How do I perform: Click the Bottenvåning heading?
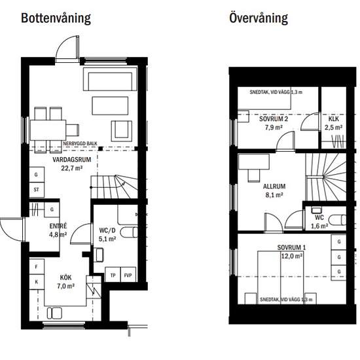tap(56, 18)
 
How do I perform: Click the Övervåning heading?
tap(259, 18)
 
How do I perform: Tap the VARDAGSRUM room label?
tap(71, 159)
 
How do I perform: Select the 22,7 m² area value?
tap(71, 168)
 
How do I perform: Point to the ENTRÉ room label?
tap(58, 226)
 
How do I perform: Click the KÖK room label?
tap(65, 278)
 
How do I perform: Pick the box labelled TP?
tap(113, 275)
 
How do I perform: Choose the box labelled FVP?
tap(128, 275)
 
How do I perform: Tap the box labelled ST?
tap(37, 190)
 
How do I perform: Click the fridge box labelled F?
tap(37, 266)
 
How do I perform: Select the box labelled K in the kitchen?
tap(37, 281)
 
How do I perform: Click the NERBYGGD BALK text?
tap(80, 143)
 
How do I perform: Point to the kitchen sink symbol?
tap(54, 314)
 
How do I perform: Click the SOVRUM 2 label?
tap(274, 119)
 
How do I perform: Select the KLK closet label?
tap(334, 118)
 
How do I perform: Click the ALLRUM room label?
tap(274, 186)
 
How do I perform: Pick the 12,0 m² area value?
tap(291, 256)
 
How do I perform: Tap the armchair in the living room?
tap(122, 131)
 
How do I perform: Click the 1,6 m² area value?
tap(319, 226)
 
